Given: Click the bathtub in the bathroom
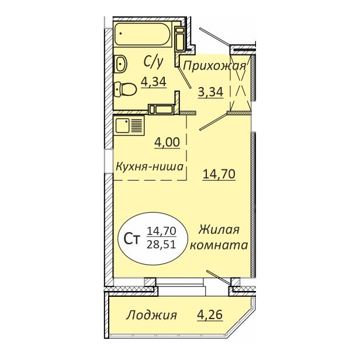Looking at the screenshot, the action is click(143, 34).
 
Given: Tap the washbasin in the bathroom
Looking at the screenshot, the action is click(120, 64).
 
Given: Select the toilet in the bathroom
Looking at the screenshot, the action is click(125, 89).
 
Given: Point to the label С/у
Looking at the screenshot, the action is click(153, 62).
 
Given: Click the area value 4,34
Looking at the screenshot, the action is click(154, 81).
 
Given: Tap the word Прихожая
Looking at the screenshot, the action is click(214, 67).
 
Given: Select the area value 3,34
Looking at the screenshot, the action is click(210, 92).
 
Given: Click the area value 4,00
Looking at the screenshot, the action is click(167, 143).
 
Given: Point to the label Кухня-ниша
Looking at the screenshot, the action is click(150, 166).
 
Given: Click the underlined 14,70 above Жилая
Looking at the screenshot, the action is click(219, 174).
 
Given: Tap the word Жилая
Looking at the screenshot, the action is click(219, 230).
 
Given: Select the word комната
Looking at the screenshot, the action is click(219, 245).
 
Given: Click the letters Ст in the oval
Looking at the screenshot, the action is click(132, 239).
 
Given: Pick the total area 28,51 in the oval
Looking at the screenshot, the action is click(161, 245).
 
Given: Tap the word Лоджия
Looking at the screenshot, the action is click(151, 315).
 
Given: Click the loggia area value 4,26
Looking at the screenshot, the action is click(210, 314).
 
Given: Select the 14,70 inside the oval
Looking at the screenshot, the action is click(161, 230).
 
